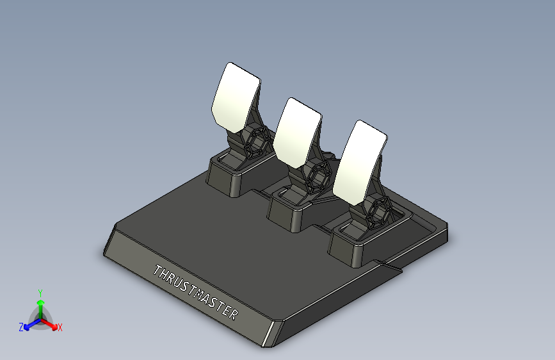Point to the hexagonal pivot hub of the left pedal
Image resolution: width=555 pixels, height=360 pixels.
click(x=257, y=142)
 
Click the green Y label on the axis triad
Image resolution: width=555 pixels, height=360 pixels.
click(x=40, y=291)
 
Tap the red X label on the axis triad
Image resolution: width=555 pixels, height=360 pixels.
click(x=60, y=327)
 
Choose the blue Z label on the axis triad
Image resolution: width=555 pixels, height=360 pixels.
click(x=20, y=327)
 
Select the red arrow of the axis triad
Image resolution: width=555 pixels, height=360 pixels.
click(x=51, y=323)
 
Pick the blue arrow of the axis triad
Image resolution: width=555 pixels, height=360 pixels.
click(x=29, y=325)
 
